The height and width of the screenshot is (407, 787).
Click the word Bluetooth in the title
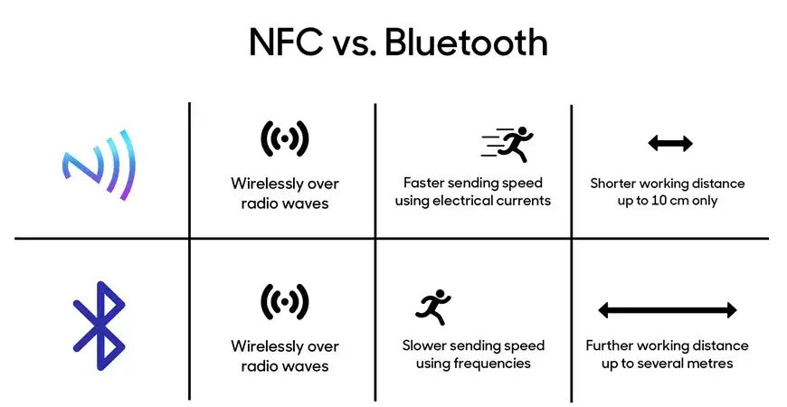click(x=466, y=43)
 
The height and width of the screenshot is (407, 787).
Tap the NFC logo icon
click(x=100, y=165)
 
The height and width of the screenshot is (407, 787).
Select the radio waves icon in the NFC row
click(x=284, y=138)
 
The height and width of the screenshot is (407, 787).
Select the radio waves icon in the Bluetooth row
click(x=284, y=301)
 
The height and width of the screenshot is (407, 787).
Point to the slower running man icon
click(x=432, y=308)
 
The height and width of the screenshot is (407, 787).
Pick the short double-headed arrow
click(x=670, y=143)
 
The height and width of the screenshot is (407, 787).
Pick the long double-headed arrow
click(x=668, y=310)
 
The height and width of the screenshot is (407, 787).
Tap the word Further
click(x=611, y=345)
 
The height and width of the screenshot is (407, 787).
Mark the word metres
click(x=710, y=364)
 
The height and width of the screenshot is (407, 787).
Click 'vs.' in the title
click(x=347, y=43)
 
